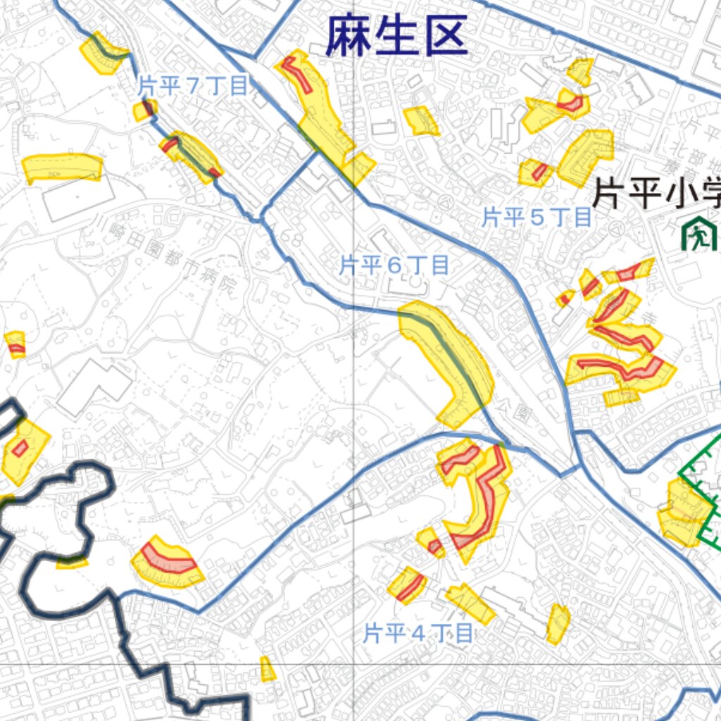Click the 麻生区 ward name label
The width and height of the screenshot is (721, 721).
[x=396, y=37]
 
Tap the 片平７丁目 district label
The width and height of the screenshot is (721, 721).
[x=192, y=87]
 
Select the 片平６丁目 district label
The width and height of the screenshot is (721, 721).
[x=394, y=265]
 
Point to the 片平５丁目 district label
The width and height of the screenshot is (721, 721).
[x=537, y=218]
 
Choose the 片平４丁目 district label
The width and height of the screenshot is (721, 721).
[x=418, y=634]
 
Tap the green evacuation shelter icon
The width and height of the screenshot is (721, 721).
[x=698, y=236]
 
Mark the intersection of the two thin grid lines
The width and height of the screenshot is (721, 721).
[x=353, y=664]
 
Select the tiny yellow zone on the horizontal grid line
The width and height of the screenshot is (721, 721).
[x=268, y=670]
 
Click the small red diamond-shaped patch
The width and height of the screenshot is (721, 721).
[x=20, y=448]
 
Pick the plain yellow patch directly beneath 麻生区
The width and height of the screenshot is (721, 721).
[x=421, y=120]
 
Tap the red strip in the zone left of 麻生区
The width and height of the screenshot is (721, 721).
[x=299, y=74]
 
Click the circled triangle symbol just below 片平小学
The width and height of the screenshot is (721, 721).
[x=616, y=228]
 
